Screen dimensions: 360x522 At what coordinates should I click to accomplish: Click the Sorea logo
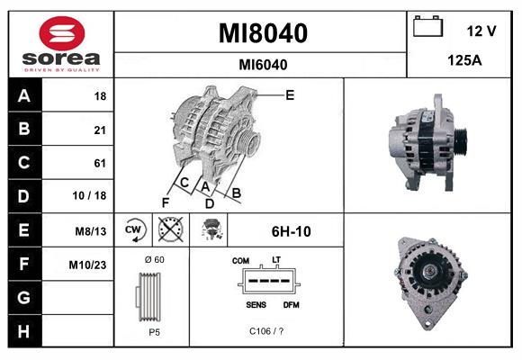pos(60,44)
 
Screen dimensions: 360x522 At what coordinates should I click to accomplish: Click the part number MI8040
pos(263,34)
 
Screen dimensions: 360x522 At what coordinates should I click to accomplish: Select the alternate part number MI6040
pos(263,64)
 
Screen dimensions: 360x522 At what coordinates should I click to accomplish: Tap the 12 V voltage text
pos(481,31)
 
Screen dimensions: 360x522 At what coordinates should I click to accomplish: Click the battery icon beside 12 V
pos(427,29)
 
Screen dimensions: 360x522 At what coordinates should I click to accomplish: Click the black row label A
pos(23,96)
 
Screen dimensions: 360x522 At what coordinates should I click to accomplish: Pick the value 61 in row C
pos(99,163)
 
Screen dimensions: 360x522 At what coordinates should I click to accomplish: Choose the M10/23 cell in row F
pos(89,265)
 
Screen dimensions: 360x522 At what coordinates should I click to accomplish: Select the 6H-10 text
pos(291,231)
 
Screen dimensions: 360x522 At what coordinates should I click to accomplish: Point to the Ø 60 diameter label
pos(154,260)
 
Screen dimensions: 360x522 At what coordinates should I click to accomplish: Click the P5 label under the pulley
pos(154,330)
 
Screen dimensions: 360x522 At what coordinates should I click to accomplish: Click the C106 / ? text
pos(267,330)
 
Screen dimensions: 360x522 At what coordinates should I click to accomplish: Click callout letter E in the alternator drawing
pos(290,94)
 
